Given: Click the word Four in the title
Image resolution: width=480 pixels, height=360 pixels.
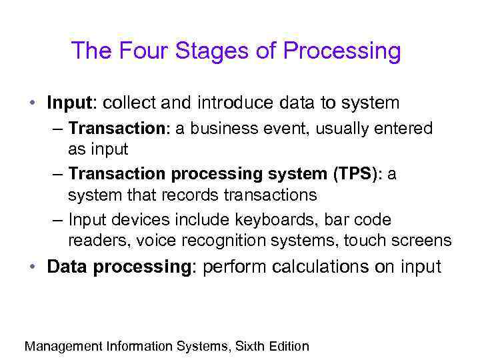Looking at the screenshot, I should (136, 51).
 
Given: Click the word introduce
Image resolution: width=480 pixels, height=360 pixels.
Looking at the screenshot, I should (238, 103).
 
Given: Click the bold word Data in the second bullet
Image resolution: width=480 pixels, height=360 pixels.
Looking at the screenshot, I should (69, 267).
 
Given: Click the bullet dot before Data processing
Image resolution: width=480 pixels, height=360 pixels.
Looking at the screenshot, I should (32, 267).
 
